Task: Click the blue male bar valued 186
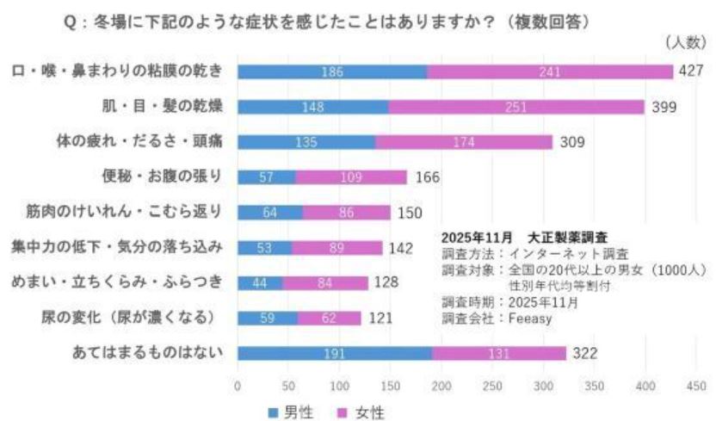(x=332, y=71)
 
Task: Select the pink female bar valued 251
(x=516, y=107)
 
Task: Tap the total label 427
(x=691, y=71)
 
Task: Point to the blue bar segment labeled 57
(x=267, y=177)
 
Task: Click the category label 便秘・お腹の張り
(x=161, y=176)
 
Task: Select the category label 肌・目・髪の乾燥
(x=161, y=107)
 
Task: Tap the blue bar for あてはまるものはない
(x=335, y=353)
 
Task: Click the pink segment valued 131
(x=499, y=353)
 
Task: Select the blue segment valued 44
(x=260, y=282)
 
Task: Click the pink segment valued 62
(x=330, y=318)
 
